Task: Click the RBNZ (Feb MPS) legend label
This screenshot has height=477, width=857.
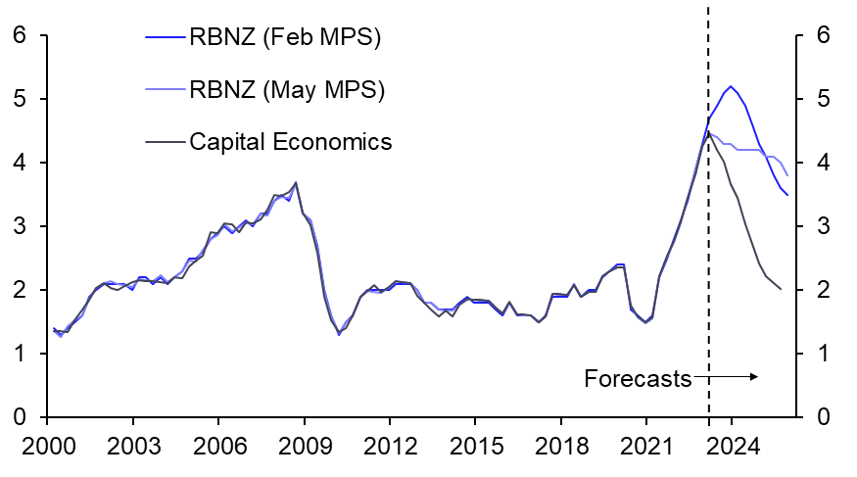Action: (x=285, y=39)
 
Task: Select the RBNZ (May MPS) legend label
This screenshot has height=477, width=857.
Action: (x=286, y=90)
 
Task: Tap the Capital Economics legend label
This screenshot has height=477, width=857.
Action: (x=290, y=142)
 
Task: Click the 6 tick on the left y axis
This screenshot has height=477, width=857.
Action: (x=17, y=36)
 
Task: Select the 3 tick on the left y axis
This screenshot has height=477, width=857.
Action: (x=17, y=226)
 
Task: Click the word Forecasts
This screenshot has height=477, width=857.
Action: (x=638, y=378)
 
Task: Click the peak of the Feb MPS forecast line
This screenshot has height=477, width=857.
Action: (x=731, y=86)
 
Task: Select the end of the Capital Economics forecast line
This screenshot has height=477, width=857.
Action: (x=781, y=289)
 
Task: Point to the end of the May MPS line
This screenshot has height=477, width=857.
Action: (x=786, y=175)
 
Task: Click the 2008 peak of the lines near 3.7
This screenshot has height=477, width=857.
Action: (x=296, y=182)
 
